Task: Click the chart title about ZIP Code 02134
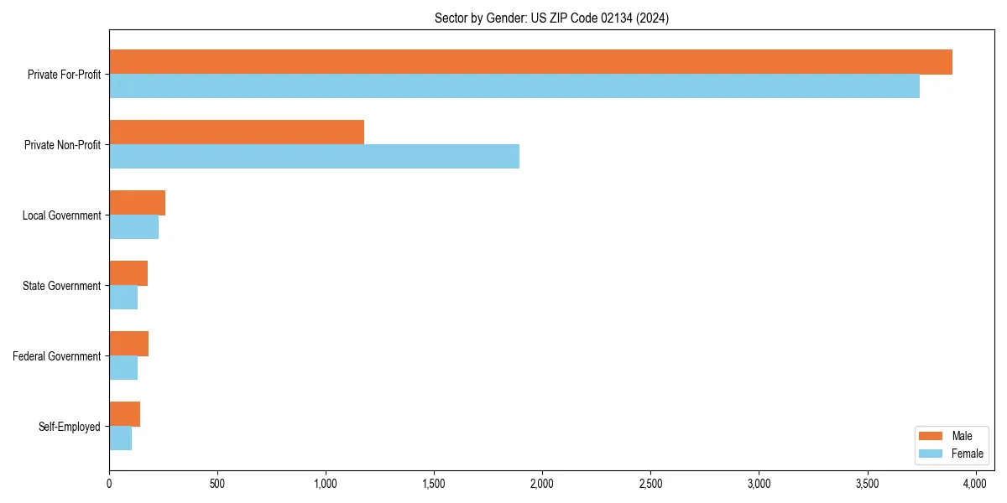551,18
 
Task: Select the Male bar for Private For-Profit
530,62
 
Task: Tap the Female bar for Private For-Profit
514,86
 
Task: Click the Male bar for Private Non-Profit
237,132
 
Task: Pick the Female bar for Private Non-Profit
314,157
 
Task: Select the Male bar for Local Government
137,203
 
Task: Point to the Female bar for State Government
123,298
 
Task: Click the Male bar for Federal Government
128,344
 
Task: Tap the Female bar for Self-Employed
120,438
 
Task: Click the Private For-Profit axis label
64,75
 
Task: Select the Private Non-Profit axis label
62,145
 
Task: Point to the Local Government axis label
61,215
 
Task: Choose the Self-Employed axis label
69,427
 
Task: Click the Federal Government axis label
56,356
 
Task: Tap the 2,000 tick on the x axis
542,484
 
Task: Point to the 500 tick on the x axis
217,484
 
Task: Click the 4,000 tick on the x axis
975,484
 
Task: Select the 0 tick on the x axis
109,484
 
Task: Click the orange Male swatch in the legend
931,436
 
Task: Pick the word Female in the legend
967,454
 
